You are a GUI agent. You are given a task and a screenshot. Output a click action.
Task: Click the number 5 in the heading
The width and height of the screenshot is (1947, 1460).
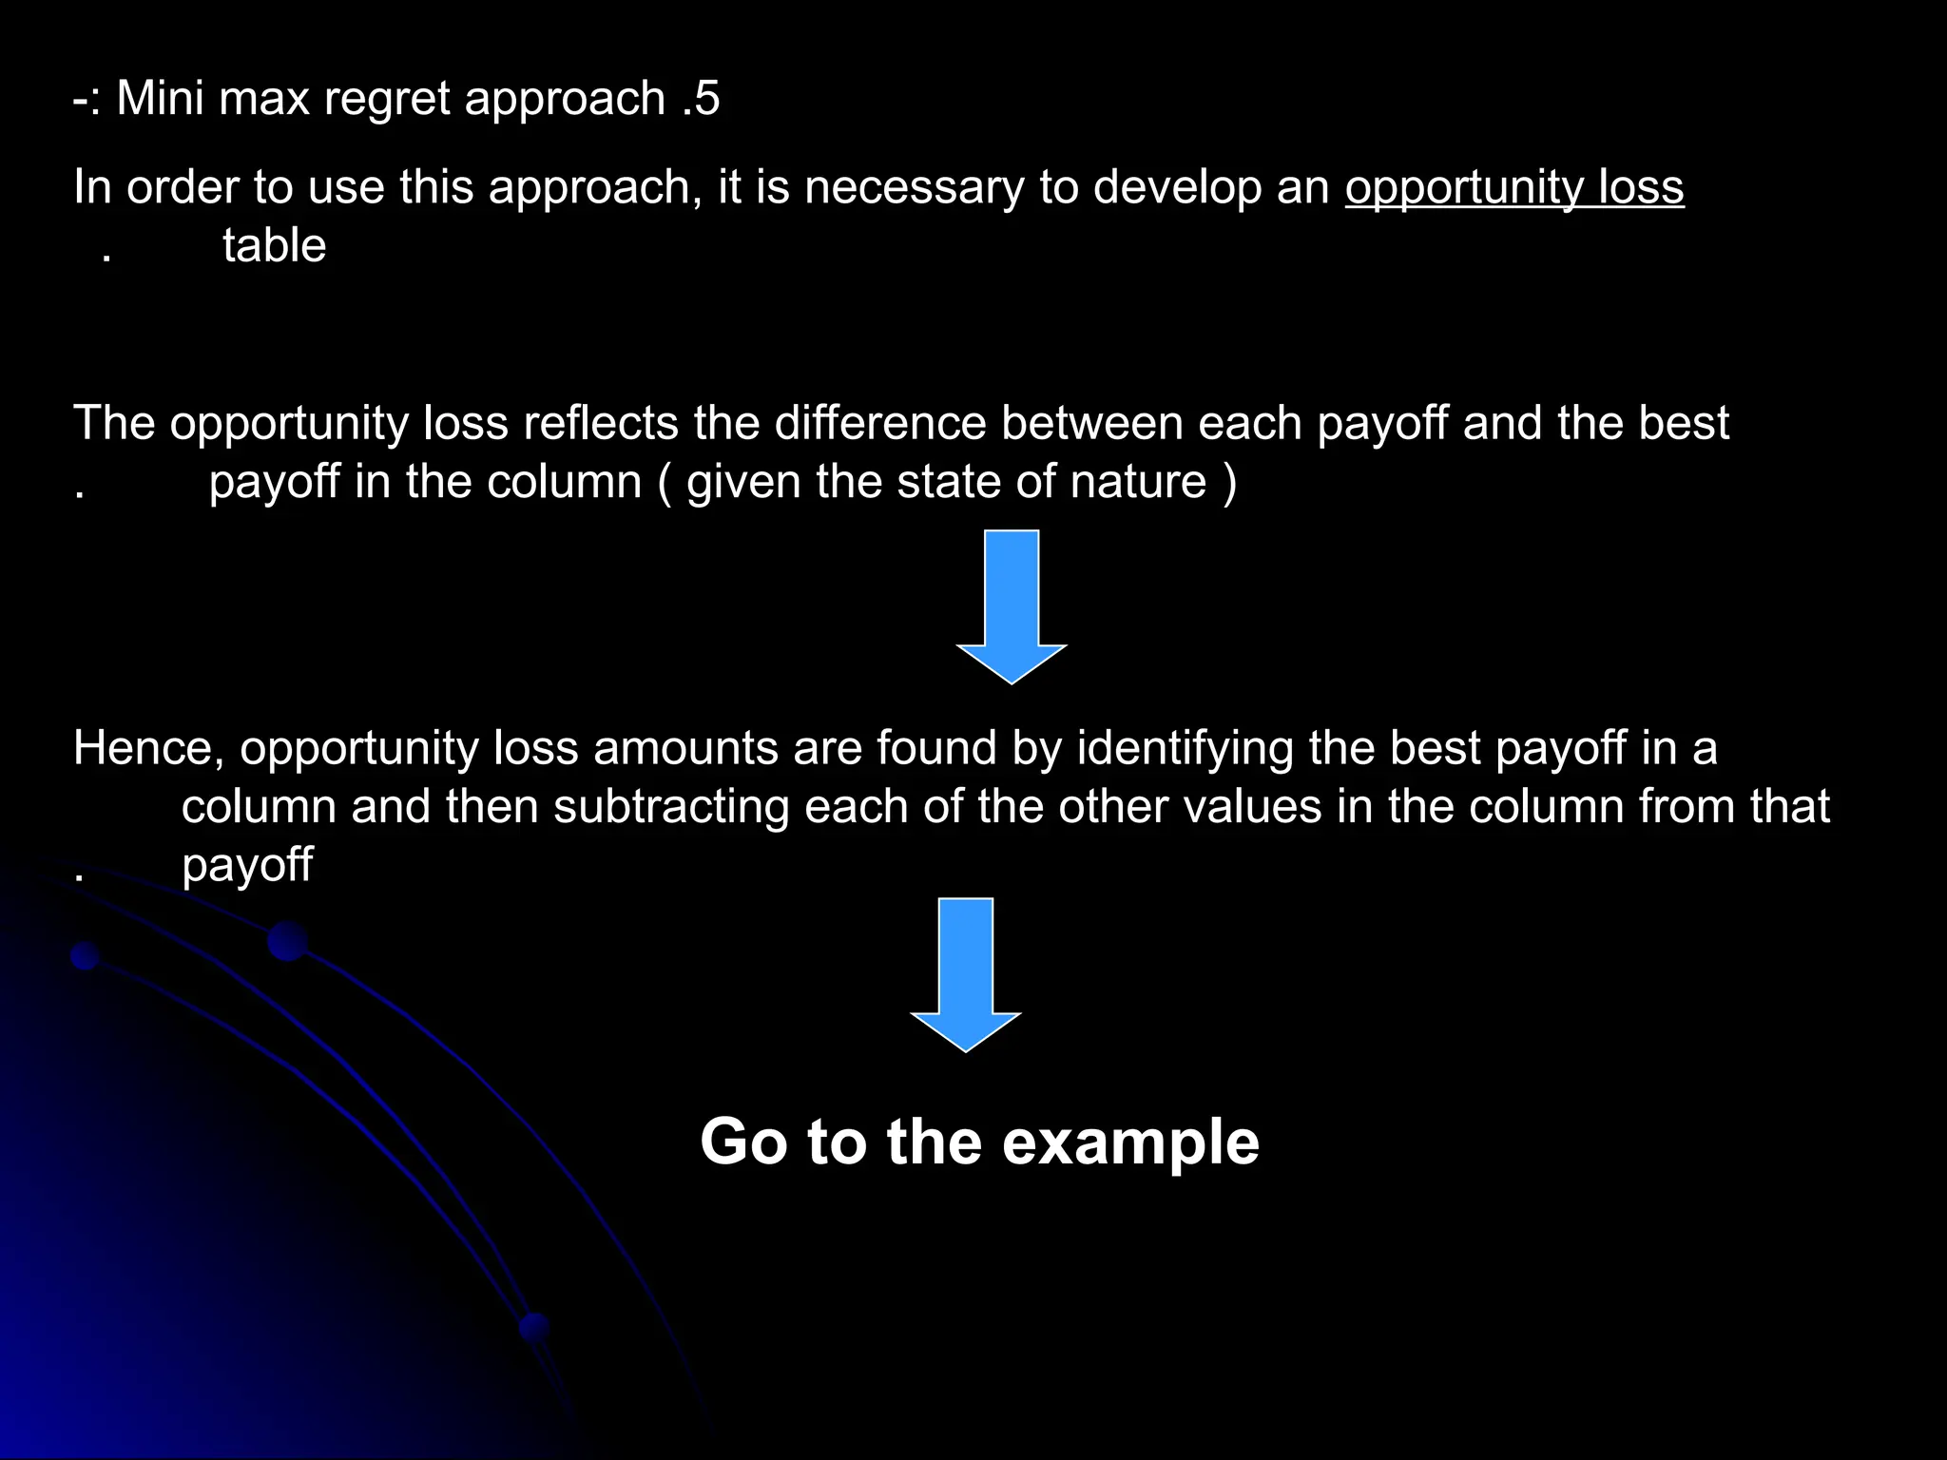point(707,99)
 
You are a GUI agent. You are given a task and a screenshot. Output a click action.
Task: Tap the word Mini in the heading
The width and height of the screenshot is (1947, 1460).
point(160,99)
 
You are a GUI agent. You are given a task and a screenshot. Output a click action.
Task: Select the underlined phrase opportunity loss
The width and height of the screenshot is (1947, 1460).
point(1513,188)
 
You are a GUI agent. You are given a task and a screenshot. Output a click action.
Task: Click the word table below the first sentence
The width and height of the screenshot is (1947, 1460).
point(274,246)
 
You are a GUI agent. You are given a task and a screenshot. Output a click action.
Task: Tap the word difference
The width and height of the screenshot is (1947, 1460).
point(879,423)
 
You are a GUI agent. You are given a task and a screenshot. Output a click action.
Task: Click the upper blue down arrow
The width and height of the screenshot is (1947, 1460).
point(1012,606)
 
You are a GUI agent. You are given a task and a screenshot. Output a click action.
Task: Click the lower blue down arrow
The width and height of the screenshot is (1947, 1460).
point(965,973)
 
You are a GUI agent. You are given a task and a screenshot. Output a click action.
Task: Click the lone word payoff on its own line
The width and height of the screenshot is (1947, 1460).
point(247,866)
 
